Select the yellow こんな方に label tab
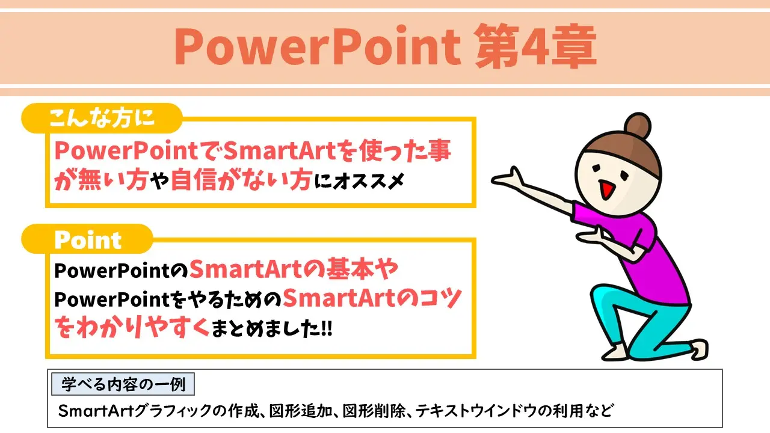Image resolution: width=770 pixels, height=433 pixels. (x=102, y=118)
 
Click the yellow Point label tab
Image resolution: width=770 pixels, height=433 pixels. (x=87, y=240)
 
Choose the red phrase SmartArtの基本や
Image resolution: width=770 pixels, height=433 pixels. (x=294, y=271)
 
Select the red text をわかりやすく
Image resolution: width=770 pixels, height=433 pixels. (x=132, y=328)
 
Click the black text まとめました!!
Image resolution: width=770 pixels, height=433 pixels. (x=272, y=329)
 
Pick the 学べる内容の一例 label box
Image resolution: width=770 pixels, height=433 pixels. (x=123, y=383)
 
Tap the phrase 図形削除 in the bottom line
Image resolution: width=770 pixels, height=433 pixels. (x=374, y=411)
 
